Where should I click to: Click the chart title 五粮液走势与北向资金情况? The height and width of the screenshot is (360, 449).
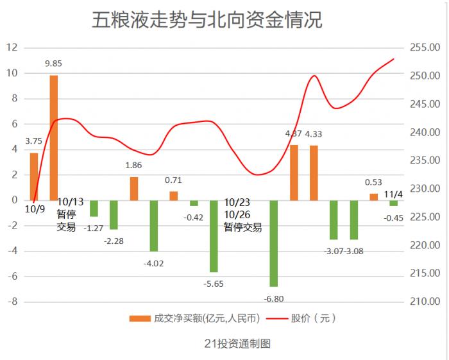(207, 19)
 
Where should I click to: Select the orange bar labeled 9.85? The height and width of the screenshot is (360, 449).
(54, 137)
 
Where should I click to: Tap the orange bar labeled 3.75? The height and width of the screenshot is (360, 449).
(34, 176)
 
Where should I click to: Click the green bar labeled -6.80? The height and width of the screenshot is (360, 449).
(274, 243)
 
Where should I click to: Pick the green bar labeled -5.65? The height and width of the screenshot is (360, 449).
(214, 236)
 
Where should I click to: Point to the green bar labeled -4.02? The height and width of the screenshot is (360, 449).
(154, 225)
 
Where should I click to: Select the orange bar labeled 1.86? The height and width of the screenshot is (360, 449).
(134, 188)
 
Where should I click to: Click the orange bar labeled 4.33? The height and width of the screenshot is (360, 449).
(314, 173)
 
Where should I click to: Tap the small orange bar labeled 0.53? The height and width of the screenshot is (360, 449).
(373, 196)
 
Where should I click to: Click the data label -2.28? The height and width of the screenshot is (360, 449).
(114, 241)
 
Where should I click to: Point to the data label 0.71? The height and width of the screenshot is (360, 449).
(173, 180)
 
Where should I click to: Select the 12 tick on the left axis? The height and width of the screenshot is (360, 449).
(12, 47)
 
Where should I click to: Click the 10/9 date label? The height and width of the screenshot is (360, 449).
(35, 209)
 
